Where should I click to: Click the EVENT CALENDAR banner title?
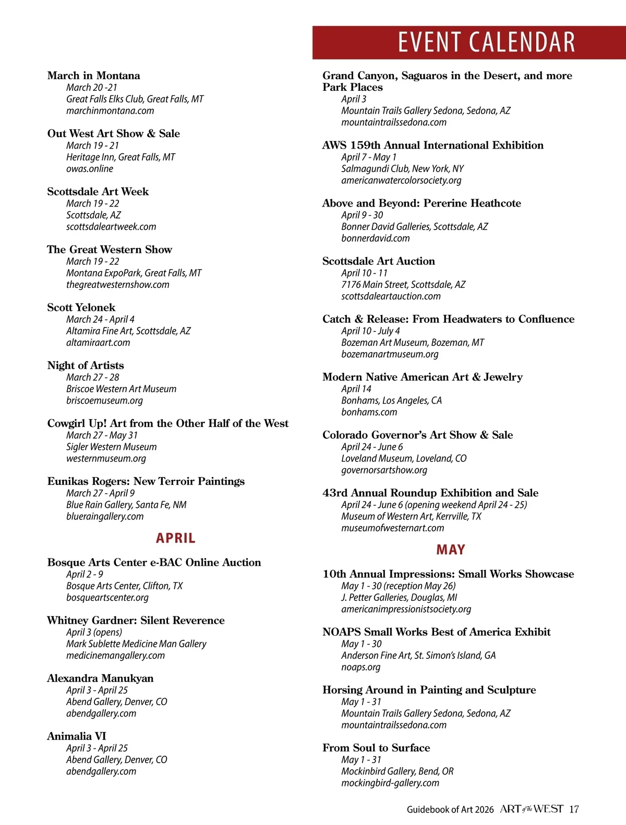click(486, 42)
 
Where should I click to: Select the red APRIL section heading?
click(175, 538)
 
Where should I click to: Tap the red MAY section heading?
click(451, 550)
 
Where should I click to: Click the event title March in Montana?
click(93, 76)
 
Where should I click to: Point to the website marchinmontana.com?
click(110, 111)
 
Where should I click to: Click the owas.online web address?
click(90, 168)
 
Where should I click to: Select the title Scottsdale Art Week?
click(98, 191)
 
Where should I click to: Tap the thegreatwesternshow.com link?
click(118, 284)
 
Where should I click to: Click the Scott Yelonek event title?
click(81, 307)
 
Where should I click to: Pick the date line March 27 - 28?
click(93, 377)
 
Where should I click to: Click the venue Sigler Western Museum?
click(112, 447)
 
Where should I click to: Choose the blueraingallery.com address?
click(105, 516)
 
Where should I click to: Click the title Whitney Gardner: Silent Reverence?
click(136, 620)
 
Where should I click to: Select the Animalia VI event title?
click(77, 736)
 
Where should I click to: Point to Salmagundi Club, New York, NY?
click(403, 168)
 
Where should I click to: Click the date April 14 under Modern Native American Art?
click(356, 389)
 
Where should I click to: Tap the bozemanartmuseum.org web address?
click(390, 354)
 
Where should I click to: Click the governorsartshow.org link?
click(384, 470)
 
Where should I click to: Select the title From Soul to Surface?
click(376, 748)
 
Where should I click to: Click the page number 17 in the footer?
click(574, 809)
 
